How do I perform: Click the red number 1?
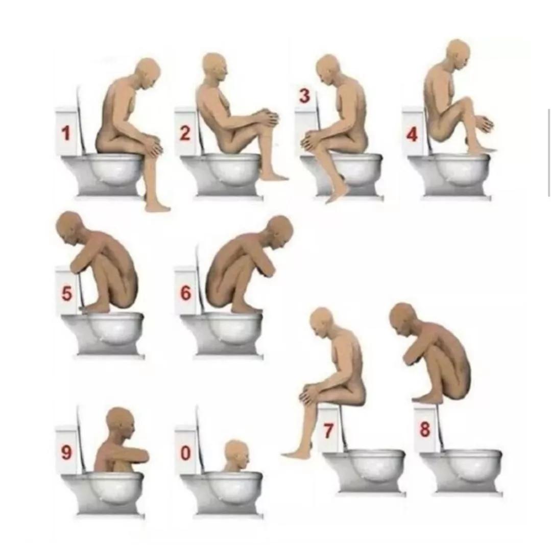66,133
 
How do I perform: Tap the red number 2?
185,133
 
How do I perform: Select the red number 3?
305,96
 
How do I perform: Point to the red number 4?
412,135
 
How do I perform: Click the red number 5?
67,294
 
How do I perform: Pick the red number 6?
186,293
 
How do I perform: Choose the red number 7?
328,431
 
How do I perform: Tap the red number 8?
425,429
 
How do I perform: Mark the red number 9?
66,452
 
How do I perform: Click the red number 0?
185,453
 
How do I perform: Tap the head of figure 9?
121,423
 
